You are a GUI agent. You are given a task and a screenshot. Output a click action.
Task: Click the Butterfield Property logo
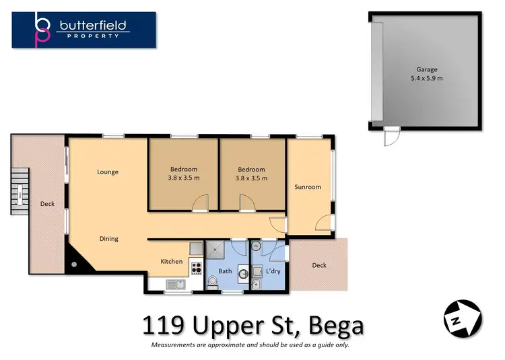84,30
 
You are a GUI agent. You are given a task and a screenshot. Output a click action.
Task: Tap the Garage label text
427,69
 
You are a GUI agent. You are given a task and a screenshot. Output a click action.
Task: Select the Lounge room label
108,172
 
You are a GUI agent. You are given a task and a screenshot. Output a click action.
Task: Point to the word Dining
109,239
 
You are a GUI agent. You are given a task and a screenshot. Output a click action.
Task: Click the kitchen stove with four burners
197,268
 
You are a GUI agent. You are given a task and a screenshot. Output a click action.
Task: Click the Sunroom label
308,187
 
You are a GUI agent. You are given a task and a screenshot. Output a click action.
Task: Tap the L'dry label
273,271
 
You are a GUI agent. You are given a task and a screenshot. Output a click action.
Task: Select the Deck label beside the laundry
319,265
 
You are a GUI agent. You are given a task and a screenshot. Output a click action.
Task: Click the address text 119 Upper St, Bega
252,326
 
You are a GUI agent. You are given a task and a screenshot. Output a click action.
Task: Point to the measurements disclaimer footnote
250,345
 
